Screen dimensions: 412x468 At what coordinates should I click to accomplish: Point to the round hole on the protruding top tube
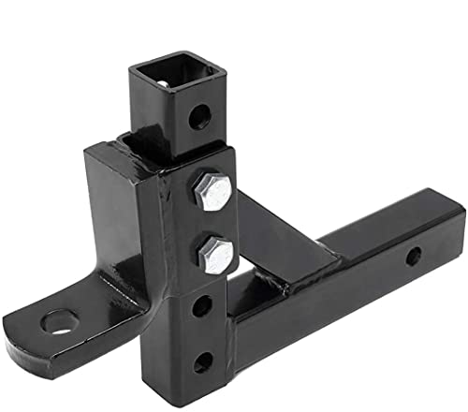pyautogui.click(x=198, y=118)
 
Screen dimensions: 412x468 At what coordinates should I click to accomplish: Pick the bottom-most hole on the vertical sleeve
pyautogui.click(x=202, y=363)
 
